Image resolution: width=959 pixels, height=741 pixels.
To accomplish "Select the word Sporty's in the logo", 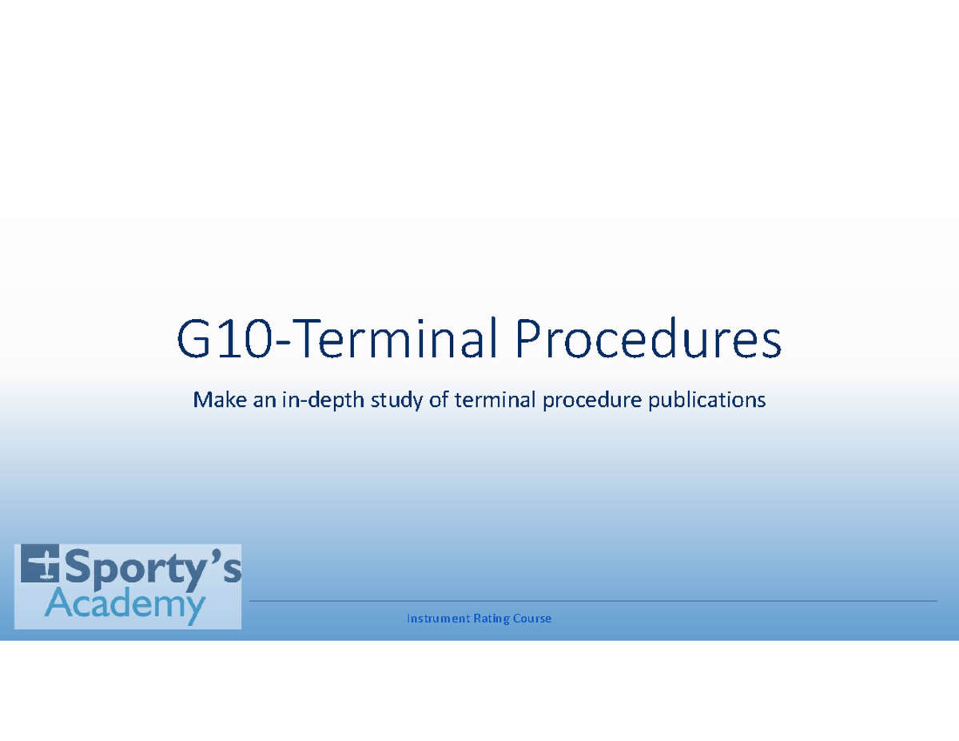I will [x=152, y=571].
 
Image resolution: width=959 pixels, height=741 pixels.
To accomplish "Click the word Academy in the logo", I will [x=125, y=608].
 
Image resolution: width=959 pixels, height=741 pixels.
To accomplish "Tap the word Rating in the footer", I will [x=492, y=619].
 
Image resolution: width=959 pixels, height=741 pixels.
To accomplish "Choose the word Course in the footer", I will [x=533, y=619].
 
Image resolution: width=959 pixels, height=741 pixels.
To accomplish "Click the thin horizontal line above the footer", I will [x=591, y=601].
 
